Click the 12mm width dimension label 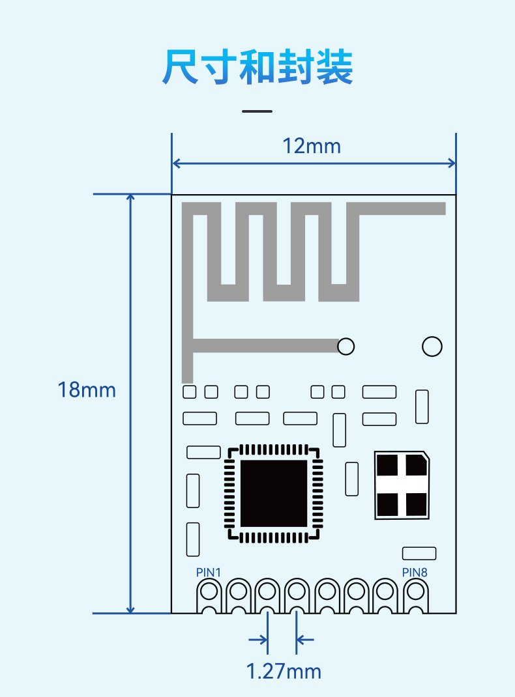tap(312, 147)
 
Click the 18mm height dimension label tap(87, 390)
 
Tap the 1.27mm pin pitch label tap(284, 671)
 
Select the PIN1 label tap(208, 572)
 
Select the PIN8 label tap(415, 572)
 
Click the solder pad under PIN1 tap(209, 595)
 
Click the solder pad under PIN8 tap(416, 595)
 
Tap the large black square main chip tap(274, 493)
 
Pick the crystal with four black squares tap(402, 485)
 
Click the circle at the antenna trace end tap(346, 347)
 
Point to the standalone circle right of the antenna tap(432, 347)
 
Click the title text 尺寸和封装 tap(257, 67)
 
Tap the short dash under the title tap(257, 111)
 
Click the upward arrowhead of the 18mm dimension tap(130, 198)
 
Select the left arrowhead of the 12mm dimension tap(176, 163)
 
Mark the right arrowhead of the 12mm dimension tap(451, 163)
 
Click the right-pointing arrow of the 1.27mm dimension tap(258, 640)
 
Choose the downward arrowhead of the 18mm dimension tap(130, 609)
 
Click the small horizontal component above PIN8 tap(419, 554)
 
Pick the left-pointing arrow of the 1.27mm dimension tap(305, 640)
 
